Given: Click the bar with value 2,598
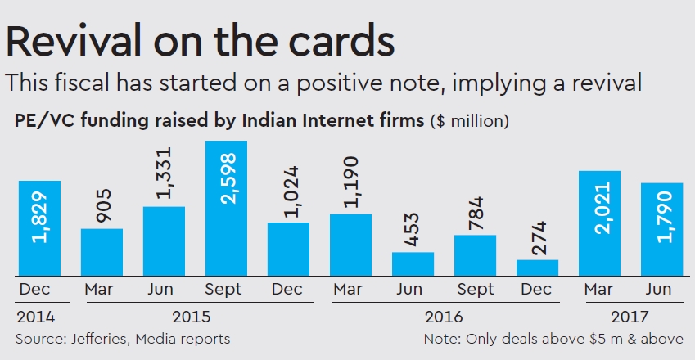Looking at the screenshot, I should [x=226, y=208].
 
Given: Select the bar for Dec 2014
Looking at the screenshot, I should [x=39, y=227].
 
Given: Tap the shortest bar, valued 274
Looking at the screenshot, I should [x=537, y=268].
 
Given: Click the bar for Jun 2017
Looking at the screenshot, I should [x=661, y=228].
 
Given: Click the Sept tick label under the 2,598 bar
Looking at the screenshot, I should [x=226, y=290].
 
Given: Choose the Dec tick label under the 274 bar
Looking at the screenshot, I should [x=537, y=290].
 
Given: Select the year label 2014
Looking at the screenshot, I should [x=34, y=317].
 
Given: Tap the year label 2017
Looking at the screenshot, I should [x=630, y=317].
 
